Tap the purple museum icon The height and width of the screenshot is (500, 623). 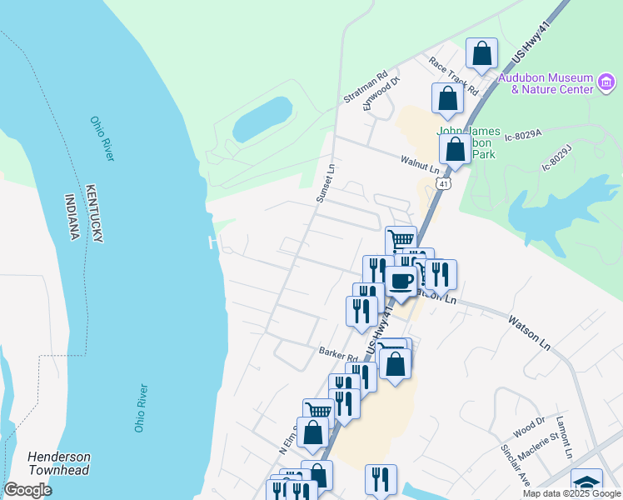click(606, 82)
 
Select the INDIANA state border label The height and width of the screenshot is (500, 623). click(72, 217)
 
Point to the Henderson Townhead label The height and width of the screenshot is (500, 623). click(59, 463)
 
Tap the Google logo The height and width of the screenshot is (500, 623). click(27, 490)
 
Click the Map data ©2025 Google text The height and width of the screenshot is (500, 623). click(571, 493)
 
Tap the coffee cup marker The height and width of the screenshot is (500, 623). click(401, 281)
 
